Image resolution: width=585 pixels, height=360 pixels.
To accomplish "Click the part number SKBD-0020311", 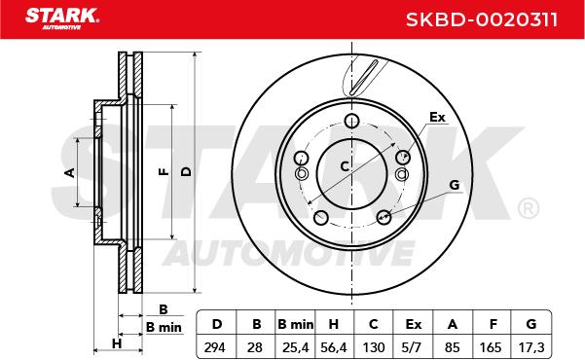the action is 482,19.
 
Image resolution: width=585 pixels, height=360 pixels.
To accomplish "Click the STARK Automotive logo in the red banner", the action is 62,18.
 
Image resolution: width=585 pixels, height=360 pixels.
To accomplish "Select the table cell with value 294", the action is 214,347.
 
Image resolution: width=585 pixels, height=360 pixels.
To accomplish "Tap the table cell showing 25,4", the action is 296,347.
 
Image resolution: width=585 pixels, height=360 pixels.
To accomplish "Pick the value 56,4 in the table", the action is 334,347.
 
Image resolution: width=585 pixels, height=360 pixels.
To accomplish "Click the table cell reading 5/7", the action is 412,347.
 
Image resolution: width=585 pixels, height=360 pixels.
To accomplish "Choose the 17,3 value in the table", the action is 531,347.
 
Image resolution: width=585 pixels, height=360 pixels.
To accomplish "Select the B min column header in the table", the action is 296,324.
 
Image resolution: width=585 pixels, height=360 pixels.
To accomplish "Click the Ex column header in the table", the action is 413,324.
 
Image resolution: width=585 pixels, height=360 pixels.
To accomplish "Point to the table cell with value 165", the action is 491,347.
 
